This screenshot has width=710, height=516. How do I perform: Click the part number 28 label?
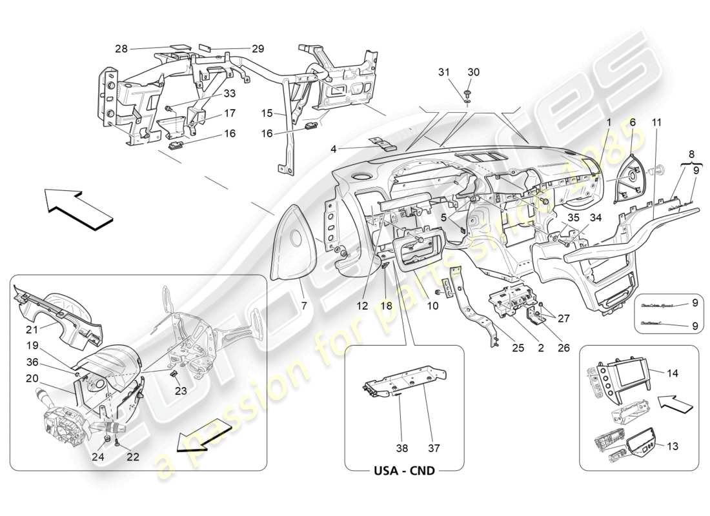(121, 48)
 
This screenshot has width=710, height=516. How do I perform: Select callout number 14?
(672, 372)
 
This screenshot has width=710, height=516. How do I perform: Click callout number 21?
(32, 312)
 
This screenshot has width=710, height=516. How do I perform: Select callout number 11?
(656, 122)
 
